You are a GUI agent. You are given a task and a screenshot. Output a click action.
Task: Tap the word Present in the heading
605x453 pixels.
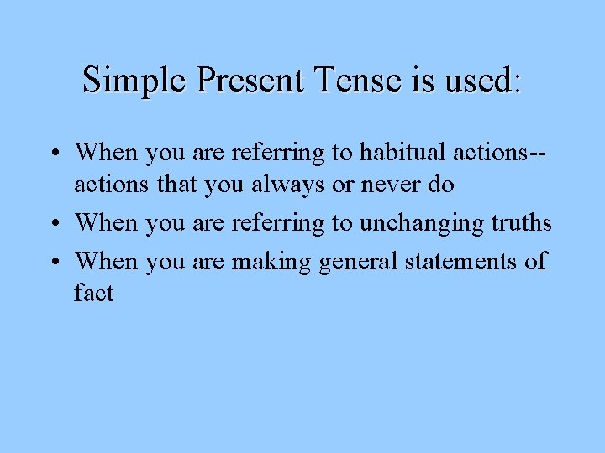click(250, 81)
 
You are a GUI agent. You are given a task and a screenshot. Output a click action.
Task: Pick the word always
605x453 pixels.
click(284, 185)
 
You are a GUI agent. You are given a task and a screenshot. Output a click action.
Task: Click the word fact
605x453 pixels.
click(93, 293)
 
